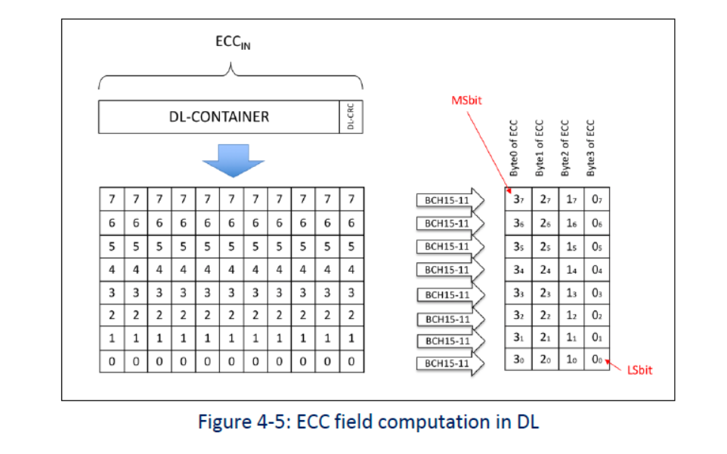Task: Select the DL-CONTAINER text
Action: click(x=218, y=116)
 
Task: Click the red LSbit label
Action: click(x=639, y=370)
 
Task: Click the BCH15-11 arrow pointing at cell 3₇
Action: click(x=449, y=200)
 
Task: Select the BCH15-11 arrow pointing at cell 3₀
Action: click(x=449, y=363)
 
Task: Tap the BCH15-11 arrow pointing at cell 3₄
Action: click(x=449, y=270)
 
